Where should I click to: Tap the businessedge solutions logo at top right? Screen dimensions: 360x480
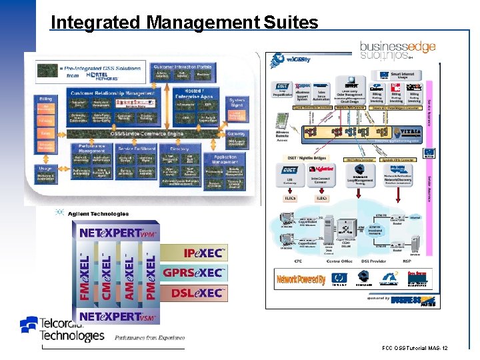coord(397,51)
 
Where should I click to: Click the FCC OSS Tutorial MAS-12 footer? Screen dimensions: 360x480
coord(415,349)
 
